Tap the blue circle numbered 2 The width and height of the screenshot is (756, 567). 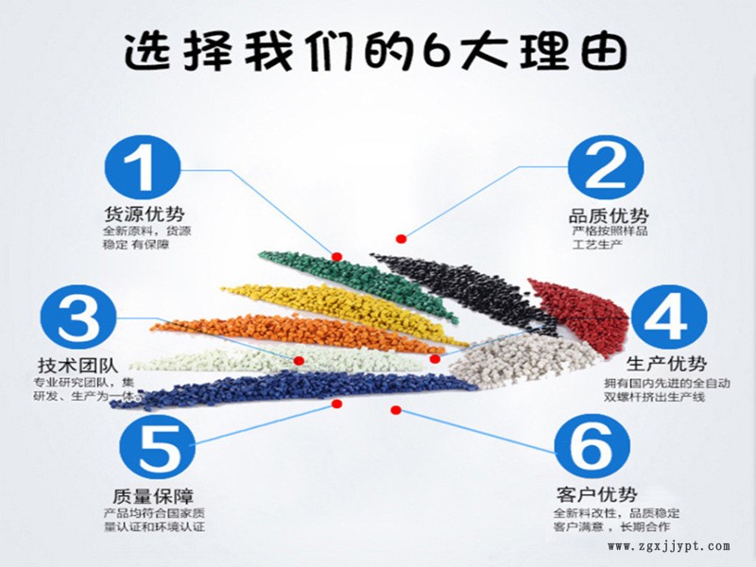606,167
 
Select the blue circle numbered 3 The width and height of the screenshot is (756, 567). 78,318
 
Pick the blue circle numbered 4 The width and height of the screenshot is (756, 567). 668,318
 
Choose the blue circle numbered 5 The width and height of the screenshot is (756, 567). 157,446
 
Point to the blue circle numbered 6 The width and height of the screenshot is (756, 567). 593,446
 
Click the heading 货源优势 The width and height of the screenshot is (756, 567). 145,215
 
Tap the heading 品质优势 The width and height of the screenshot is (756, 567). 609,215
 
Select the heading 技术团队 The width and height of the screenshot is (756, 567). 78,366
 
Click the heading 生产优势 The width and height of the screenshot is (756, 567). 667,364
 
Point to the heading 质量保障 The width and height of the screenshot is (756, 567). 153,496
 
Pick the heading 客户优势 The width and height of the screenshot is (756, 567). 597,494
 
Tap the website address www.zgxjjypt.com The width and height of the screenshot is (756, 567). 669,546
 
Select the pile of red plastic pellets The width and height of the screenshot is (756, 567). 578,311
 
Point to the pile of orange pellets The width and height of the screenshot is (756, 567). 299,333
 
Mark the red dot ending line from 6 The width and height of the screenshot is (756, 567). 396,410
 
